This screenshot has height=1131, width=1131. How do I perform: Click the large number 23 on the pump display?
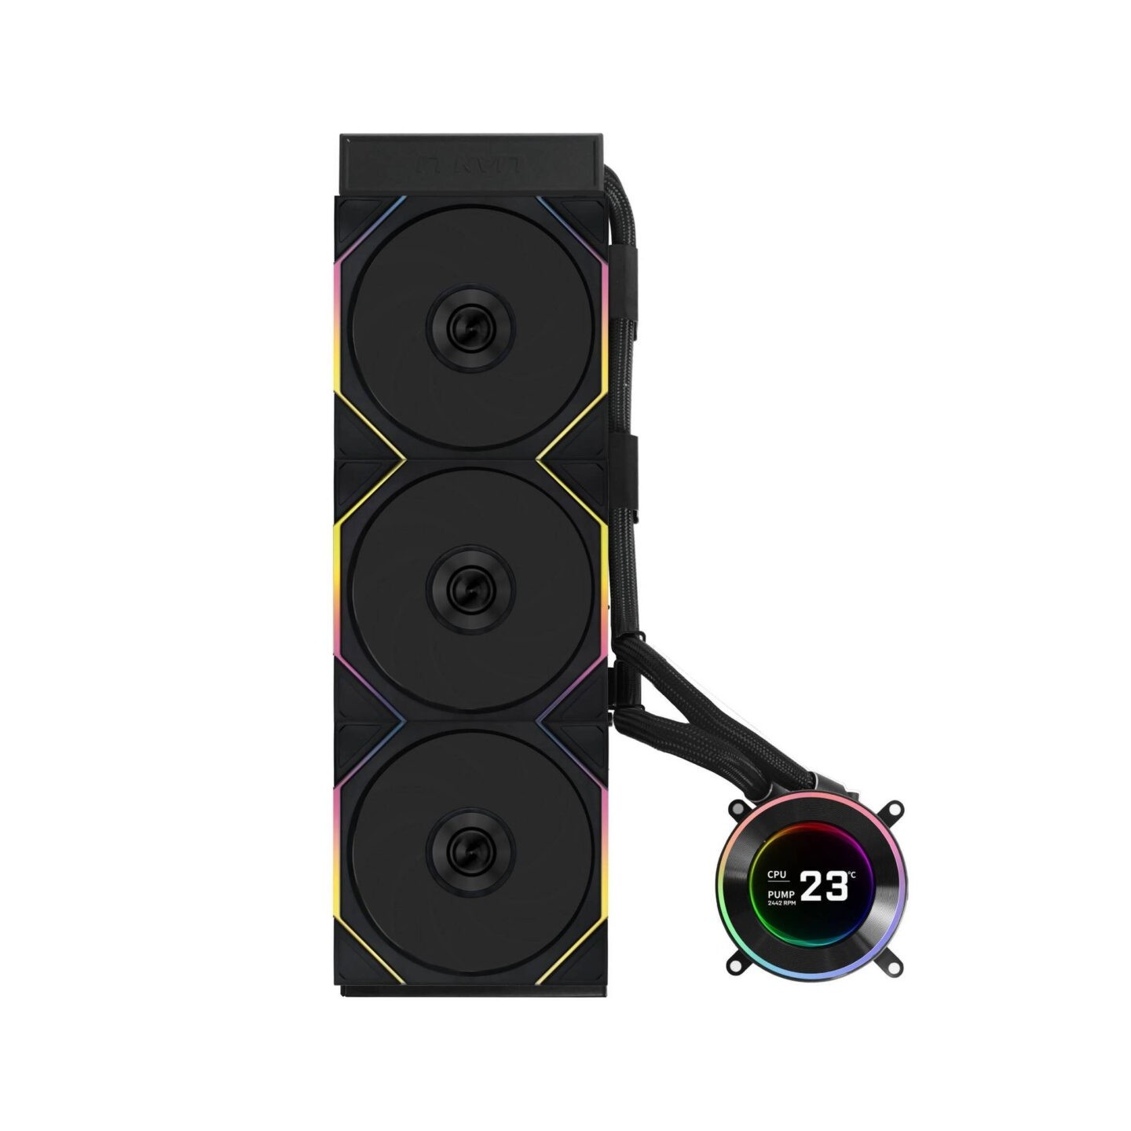click(824, 887)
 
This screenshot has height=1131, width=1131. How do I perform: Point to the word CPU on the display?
click(777, 874)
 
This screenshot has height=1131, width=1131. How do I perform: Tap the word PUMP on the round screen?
click(781, 894)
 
